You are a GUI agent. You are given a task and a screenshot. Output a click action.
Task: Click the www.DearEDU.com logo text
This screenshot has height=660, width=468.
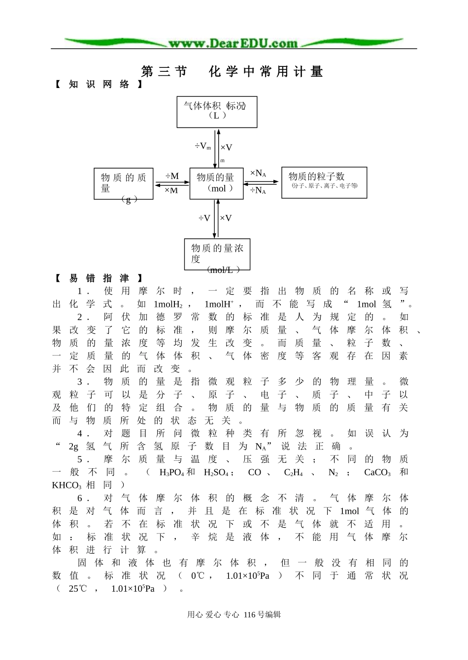coord(233,43)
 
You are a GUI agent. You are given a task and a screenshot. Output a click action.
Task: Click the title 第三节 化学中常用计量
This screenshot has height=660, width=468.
coord(232,72)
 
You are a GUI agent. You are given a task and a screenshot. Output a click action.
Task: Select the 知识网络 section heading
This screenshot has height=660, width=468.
coord(99,85)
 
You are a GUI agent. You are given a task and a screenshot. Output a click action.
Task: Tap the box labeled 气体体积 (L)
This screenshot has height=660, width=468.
coord(217,112)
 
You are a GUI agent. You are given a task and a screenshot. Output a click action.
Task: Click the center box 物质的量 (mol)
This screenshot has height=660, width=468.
coord(216,183)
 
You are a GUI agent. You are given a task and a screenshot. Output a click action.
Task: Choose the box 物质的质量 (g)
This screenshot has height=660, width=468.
coord(123,184)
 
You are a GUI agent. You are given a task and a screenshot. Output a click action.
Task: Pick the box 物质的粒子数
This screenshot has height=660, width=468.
coord(324,182)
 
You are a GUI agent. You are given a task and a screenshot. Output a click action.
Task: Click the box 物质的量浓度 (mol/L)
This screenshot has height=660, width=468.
coord(217,254)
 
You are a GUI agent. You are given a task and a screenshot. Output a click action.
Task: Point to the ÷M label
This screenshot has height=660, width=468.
coord(172,176)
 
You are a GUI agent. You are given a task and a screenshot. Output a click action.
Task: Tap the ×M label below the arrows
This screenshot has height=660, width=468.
coord(171,191)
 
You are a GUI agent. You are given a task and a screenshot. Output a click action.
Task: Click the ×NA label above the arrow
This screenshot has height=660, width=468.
coord(258,174)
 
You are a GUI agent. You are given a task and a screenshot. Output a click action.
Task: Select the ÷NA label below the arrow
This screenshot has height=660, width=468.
coord(258,190)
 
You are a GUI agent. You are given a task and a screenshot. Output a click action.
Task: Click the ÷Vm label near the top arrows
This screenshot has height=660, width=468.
coord(202,147)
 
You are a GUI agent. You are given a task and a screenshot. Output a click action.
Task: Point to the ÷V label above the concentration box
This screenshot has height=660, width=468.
coord(204,218)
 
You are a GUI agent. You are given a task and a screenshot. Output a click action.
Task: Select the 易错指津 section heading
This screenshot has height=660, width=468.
coord(99,278)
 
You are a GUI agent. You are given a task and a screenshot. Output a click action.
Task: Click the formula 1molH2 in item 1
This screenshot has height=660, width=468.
coord(168,304)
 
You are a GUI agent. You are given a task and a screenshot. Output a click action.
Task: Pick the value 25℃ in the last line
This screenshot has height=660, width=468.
coord(77,589)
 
